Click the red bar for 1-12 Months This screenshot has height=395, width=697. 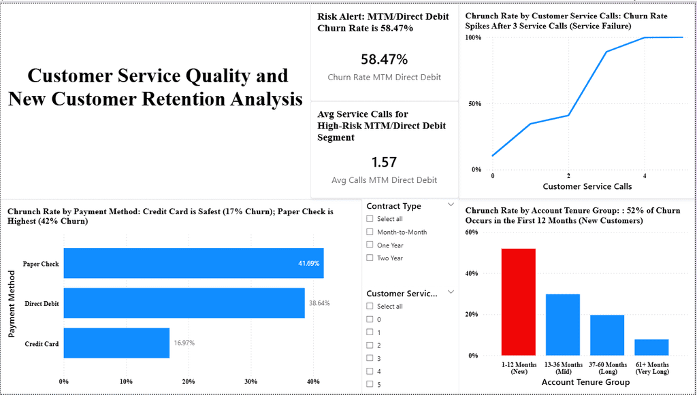[x=518, y=302]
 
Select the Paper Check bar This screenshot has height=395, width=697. [x=193, y=263]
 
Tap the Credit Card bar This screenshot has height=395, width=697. [x=116, y=343]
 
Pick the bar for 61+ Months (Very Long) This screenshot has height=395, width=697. [x=651, y=347]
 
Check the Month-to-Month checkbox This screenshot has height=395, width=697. [x=370, y=232]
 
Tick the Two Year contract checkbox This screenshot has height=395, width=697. [x=370, y=258]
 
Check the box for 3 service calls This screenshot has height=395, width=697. [x=370, y=358]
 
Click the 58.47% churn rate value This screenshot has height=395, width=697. [x=384, y=59]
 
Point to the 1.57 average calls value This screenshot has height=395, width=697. [x=384, y=162]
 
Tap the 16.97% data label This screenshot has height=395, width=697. [x=184, y=343]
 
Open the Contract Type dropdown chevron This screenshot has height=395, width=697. [x=451, y=204]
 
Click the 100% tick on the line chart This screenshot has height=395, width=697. [x=473, y=37]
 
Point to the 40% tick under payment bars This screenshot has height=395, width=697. [x=313, y=381]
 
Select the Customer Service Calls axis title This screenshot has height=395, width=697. [x=586, y=186]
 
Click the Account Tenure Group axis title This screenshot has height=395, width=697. [x=585, y=383]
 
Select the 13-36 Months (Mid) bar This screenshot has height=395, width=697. [x=562, y=324]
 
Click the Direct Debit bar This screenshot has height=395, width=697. [x=184, y=303]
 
